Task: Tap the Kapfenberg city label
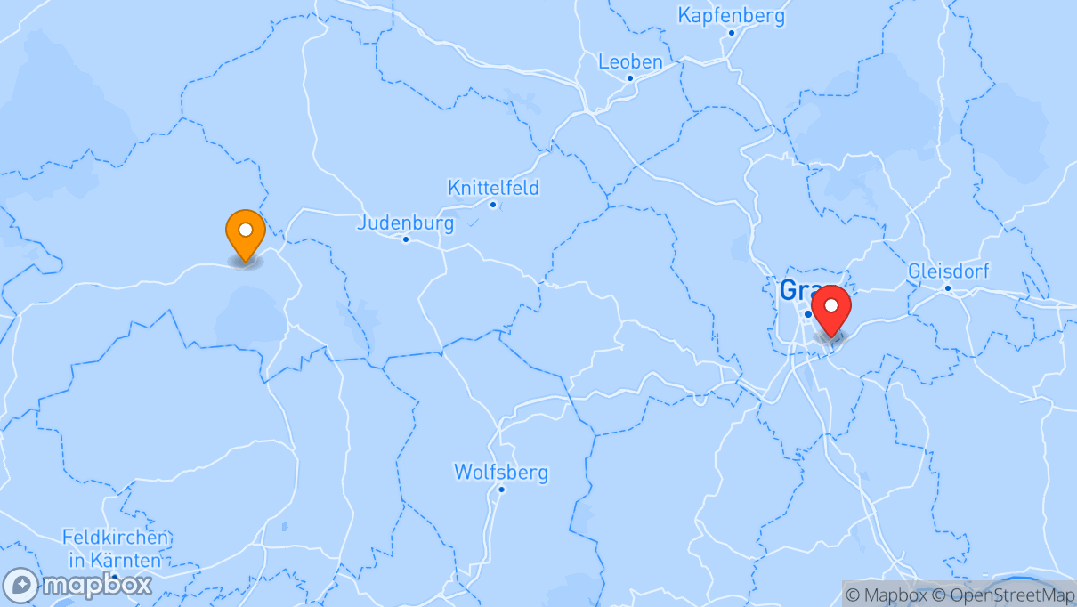(731, 15)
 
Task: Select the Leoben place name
(630, 61)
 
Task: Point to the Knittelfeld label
(493, 188)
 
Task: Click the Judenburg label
(405, 223)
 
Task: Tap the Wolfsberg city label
(501, 472)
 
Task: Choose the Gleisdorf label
(948, 271)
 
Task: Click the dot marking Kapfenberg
(732, 33)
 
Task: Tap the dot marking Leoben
(630, 78)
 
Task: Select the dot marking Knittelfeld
(493, 205)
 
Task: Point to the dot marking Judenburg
(406, 239)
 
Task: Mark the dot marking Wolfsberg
(502, 489)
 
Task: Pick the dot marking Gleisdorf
(948, 287)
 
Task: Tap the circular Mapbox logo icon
(20, 585)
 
